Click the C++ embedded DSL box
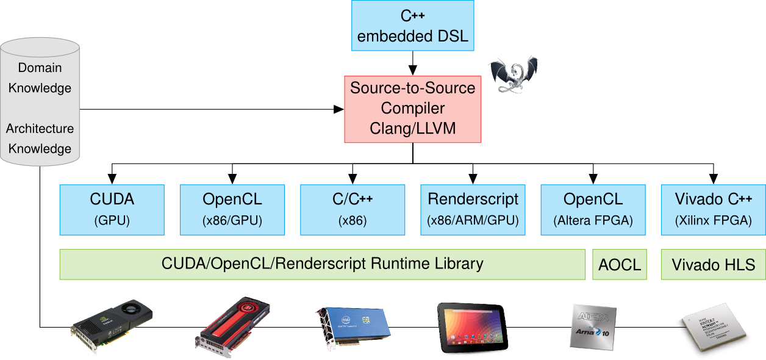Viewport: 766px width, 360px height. click(x=413, y=26)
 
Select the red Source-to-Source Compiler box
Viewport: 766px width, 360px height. click(x=413, y=109)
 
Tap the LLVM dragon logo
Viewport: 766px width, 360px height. click(x=514, y=74)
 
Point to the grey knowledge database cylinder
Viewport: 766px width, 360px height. click(x=40, y=102)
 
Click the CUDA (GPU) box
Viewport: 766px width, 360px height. click(x=112, y=209)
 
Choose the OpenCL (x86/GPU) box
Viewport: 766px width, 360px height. click(x=232, y=209)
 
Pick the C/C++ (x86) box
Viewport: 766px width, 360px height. click(x=353, y=209)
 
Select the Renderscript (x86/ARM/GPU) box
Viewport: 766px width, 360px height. click(x=473, y=209)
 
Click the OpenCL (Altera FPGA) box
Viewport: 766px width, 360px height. click(x=593, y=209)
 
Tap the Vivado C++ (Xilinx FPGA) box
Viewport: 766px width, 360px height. click(x=714, y=209)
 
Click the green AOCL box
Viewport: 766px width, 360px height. click(x=620, y=265)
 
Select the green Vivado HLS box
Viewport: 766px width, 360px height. click(x=714, y=265)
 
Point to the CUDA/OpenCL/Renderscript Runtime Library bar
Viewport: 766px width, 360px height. click(x=322, y=264)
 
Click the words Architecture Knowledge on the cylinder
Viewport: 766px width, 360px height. click(x=40, y=139)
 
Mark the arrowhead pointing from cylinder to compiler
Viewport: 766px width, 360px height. click(x=338, y=109)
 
